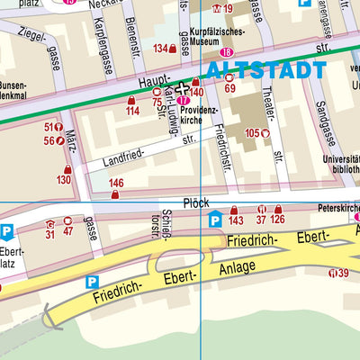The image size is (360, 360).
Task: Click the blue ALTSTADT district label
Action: click(x=265, y=70)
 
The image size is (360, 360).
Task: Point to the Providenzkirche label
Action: click(x=200, y=111)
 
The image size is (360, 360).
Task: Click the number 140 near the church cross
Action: click(x=196, y=93)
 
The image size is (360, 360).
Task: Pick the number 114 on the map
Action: click(x=132, y=111)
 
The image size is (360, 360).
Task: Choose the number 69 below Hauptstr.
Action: click(x=229, y=88)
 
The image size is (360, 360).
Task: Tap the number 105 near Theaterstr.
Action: click(x=251, y=132)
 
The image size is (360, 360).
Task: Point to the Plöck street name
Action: click(x=194, y=204)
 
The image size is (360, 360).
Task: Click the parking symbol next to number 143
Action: click(x=214, y=220)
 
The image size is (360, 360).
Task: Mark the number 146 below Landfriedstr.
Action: click(x=115, y=183)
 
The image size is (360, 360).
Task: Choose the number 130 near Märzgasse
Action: click(x=63, y=180)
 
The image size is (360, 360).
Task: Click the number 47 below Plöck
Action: click(x=68, y=232)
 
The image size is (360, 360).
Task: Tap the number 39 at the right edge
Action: click(x=344, y=273)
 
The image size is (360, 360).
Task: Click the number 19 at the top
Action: click(x=228, y=8)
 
